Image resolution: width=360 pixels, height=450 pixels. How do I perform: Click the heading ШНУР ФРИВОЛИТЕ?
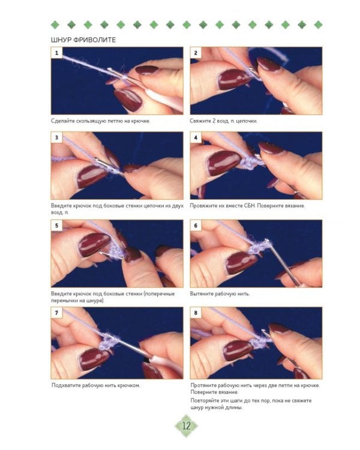click(x=83, y=40)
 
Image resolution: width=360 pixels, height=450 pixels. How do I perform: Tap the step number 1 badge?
click(x=56, y=53)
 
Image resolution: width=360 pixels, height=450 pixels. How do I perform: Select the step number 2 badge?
click(x=196, y=53)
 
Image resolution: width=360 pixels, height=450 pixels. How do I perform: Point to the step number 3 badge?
click(x=56, y=137)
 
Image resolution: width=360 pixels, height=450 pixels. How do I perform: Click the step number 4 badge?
click(x=196, y=137)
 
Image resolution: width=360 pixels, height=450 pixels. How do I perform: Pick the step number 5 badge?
click(x=56, y=226)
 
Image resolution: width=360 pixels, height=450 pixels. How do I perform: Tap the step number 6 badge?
click(x=196, y=226)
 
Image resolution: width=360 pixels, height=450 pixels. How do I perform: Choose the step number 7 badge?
click(x=56, y=313)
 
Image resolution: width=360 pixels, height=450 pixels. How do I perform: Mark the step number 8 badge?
click(x=196, y=313)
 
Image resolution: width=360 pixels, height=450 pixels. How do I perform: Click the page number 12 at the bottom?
click(x=187, y=425)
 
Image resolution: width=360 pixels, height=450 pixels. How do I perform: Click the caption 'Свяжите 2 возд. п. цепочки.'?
click(x=224, y=121)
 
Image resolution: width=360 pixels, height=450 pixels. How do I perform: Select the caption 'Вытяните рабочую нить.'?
click(x=220, y=294)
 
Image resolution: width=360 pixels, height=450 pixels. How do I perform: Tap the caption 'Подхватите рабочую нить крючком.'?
click(x=96, y=385)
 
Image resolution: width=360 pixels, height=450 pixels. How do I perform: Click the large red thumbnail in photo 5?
click(x=94, y=245)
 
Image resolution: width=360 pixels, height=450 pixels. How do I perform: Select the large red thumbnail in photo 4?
click(x=224, y=163)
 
